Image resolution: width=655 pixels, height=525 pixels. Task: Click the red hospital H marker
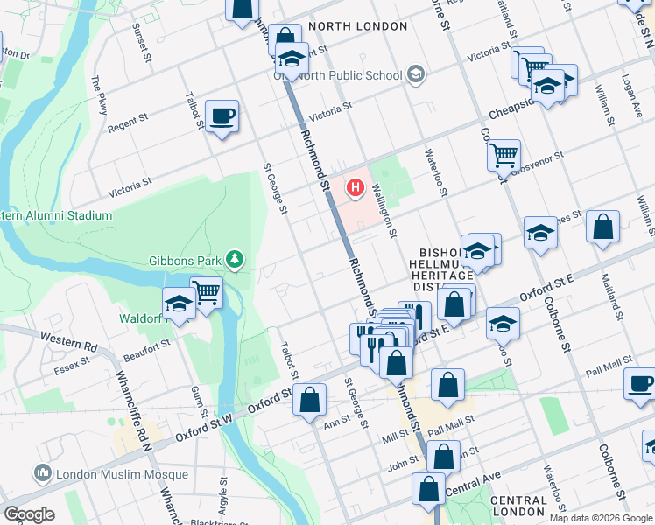point(356,187)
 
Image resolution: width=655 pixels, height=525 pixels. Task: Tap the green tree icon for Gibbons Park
point(234,259)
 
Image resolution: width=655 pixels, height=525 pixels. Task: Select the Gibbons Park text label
point(187,260)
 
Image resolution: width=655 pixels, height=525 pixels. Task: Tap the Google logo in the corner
point(29,514)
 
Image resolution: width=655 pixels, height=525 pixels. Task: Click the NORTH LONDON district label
point(358,26)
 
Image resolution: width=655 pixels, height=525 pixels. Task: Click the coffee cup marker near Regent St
point(222,115)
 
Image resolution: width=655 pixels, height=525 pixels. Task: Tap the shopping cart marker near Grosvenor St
point(504,155)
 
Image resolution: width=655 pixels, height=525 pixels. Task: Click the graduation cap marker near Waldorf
point(179,304)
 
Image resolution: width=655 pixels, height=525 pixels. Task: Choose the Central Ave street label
point(472,479)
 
